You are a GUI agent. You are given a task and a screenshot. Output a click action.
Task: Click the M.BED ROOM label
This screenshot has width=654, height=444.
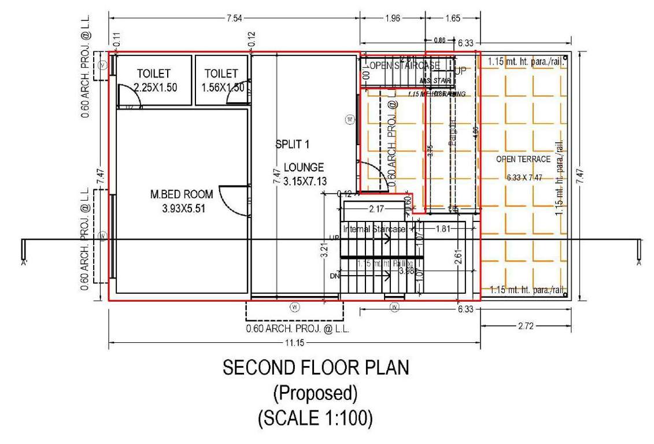pyautogui.click(x=181, y=194)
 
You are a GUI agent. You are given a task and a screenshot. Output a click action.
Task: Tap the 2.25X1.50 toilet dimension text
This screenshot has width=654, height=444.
pyautogui.click(x=154, y=87)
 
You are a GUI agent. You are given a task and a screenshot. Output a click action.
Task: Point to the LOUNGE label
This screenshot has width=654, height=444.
pyautogui.click(x=300, y=168)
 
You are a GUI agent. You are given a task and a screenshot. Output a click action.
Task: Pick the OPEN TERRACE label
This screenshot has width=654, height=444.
pyautogui.click(x=523, y=159)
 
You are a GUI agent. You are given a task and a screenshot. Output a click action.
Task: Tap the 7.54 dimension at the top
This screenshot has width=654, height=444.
pyautogui.click(x=234, y=18)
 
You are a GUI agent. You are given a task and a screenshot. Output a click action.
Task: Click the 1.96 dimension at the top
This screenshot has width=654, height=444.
pyautogui.click(x=392, y=18)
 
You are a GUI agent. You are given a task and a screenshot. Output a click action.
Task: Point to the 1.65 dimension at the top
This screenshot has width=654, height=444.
pyautogui.click(x=452, y=18)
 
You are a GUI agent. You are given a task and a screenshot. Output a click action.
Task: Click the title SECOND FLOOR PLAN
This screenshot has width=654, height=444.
pyautogui.click(x=316, y=368)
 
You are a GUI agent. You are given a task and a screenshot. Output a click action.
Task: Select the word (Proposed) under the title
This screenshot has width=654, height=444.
pyautogui.click(x=316, y=393)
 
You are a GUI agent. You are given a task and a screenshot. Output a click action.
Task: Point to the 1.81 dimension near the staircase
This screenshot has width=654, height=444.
pyautogui.click(x=442, y=229)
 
